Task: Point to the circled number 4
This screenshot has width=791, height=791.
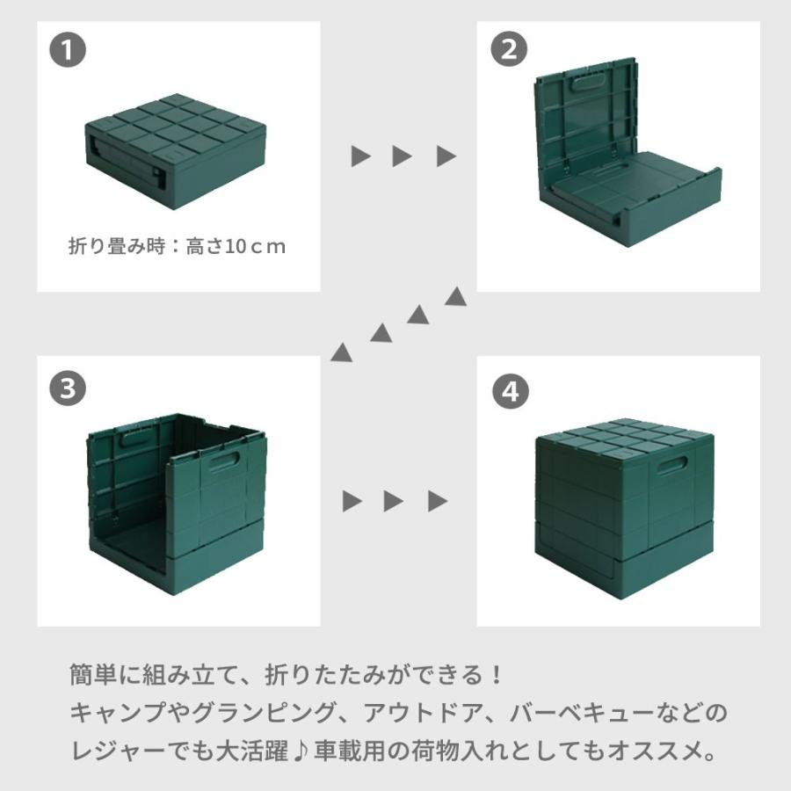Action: click(508, 389)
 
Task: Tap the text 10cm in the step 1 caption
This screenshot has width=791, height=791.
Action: click(256, 247)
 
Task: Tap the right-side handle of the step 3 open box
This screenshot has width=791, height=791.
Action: click(230, 462)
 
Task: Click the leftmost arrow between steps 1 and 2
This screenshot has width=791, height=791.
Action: click(360, 157)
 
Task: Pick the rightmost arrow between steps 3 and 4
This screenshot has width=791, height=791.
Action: click(437, 502)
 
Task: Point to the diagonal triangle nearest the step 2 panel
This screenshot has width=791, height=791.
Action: click(455, 297)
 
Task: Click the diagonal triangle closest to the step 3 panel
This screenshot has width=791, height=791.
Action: click(341, 352)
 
